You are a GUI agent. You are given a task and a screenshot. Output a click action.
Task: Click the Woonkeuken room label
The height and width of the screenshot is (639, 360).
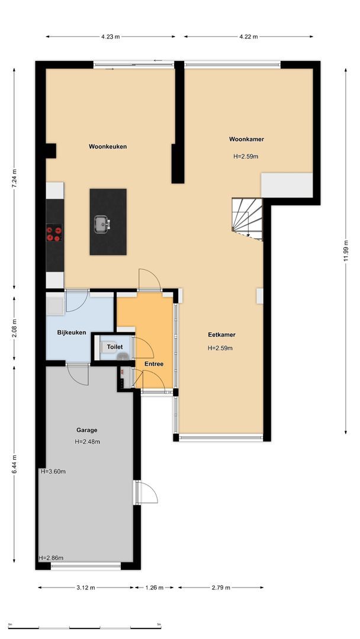tap(108, 147)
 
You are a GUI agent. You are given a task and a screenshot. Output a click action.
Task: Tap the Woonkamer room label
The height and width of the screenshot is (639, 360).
tap(246, 140)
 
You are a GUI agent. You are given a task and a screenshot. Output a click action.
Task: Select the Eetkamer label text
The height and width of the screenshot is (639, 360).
tap(221, 335)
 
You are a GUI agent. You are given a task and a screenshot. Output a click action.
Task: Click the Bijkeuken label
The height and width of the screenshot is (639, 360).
tap(72, 333)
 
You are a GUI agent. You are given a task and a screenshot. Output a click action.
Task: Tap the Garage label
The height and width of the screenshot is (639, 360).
tap(86, 430)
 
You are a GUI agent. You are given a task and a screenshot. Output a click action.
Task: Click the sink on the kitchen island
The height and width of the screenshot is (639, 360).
tap(101, 224)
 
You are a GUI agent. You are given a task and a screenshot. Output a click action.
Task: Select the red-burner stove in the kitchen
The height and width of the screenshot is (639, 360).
tap(54, 233)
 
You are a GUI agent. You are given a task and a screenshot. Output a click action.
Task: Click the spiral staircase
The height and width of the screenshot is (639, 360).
tap(247, 218)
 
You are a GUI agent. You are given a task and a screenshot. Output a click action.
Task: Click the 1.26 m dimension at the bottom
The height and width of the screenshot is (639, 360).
tap(156, 588)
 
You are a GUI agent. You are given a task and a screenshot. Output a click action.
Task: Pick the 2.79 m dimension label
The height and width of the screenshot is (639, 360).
tap(221, 588)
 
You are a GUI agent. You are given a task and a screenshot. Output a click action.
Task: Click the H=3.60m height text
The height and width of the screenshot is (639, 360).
tap(53, 472)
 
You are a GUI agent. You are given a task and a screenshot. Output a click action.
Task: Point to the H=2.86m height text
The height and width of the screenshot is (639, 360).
tap(51, 558)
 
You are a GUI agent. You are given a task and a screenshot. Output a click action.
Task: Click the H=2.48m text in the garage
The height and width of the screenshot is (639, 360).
tap(88, 442)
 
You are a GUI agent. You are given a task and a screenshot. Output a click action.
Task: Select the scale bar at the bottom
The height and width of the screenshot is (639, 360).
tap(84, 627)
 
